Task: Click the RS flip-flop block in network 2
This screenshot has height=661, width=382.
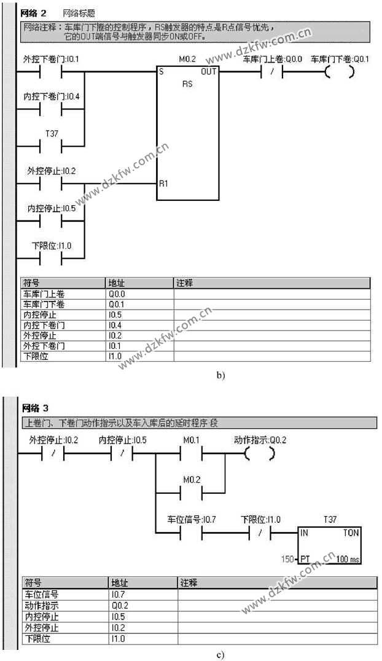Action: [188, 133]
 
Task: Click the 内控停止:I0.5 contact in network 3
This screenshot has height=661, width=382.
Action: [122, 455]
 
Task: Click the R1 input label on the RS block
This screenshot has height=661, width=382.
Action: [163, 183]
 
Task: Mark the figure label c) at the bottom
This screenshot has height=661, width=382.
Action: [220, 654]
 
